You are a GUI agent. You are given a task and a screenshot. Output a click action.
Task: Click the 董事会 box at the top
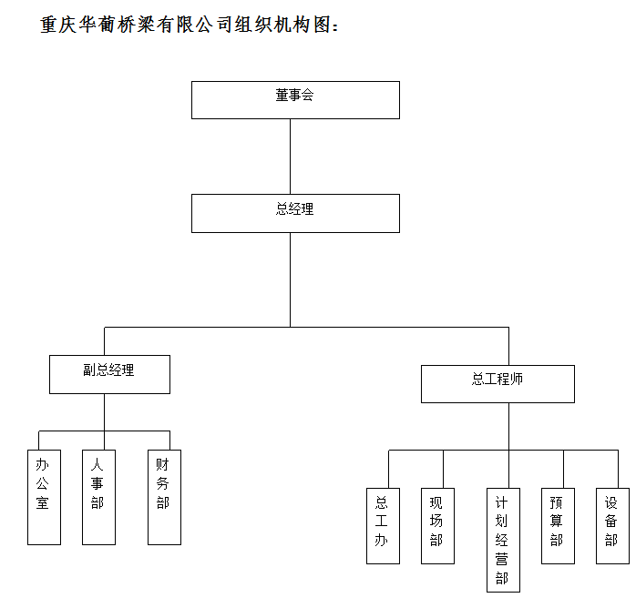[x=295, y=100]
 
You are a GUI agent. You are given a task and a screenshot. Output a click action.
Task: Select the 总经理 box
[x=295, y=214]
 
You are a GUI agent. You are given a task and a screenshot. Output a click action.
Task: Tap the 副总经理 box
[x=109, y=374]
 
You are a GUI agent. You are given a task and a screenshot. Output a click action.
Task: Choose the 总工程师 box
[x=498, y=384]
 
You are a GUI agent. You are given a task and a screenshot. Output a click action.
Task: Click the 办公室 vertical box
[x=45, y=498]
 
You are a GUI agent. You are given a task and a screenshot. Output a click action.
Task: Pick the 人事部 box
[x=98, y=498]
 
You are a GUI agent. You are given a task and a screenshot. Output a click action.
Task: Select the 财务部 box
[x=164, y=498]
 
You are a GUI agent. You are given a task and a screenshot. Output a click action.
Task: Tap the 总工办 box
[x=383, y=526]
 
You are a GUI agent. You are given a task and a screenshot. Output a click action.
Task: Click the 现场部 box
[x=437, y=526]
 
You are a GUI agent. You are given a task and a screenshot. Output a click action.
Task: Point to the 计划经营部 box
[x=503, y=540]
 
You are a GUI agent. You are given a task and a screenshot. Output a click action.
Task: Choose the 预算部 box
[x=558, y=526]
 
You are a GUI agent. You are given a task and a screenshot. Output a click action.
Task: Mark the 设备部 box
[x=612, y=526]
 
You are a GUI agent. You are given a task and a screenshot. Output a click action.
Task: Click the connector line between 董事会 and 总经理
[x=290, y=157]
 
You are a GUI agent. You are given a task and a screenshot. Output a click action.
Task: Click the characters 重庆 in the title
[x=58, y=25]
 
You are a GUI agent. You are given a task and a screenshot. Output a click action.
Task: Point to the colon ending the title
[x=335, y=26]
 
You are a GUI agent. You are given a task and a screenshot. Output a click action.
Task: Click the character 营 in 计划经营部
[x=502, y=559]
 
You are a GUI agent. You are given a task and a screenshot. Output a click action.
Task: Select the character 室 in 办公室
[x=43, y=502]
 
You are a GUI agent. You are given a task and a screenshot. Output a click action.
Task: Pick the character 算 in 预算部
[x=556, y=521]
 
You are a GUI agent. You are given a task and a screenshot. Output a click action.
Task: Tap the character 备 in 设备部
[x=610, y=521]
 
